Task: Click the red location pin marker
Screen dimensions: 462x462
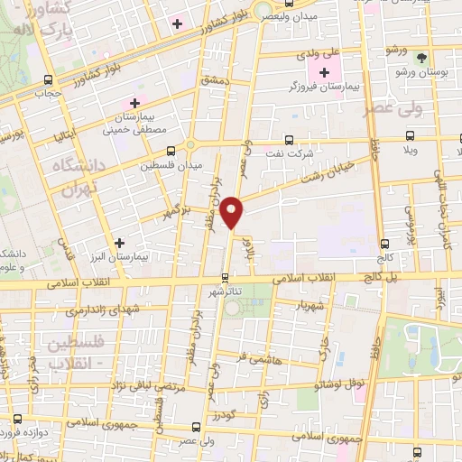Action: tap(233, 211)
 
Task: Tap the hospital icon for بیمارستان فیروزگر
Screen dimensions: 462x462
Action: tap(324, 71)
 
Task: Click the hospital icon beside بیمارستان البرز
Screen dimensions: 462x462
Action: tap(120, 243)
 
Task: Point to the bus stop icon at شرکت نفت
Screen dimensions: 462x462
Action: tap(288, 140)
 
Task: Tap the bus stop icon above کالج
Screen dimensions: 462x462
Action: tap(385, 243)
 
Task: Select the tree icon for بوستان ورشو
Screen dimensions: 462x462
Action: tap(420, 56)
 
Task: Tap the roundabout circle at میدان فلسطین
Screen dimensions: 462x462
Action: tap(189, 145)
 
